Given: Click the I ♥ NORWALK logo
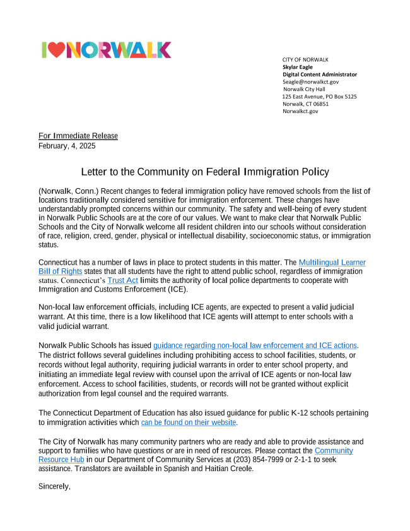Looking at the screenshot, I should (x=106, y=50).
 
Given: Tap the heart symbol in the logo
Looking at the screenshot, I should (x=56, y=51).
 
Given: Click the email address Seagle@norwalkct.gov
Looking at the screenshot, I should (x=310, y=81).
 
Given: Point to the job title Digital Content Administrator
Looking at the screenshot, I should (x=319, y=75).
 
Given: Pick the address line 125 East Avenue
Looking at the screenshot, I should (x=319, y=97).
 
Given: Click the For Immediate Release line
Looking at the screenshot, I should (x=78, y=136).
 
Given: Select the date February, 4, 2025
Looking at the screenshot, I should (x=67, y=146).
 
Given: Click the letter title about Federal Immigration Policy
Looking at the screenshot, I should (x=205, y=172).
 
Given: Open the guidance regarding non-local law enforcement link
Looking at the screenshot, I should (x=255, y=345).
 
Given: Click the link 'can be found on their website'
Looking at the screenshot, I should (x=189, y=422).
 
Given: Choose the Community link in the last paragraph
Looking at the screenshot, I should (x=334, y=451).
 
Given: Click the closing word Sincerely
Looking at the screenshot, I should (x=54, y=486).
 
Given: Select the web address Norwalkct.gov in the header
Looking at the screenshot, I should (x=300, y=111).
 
